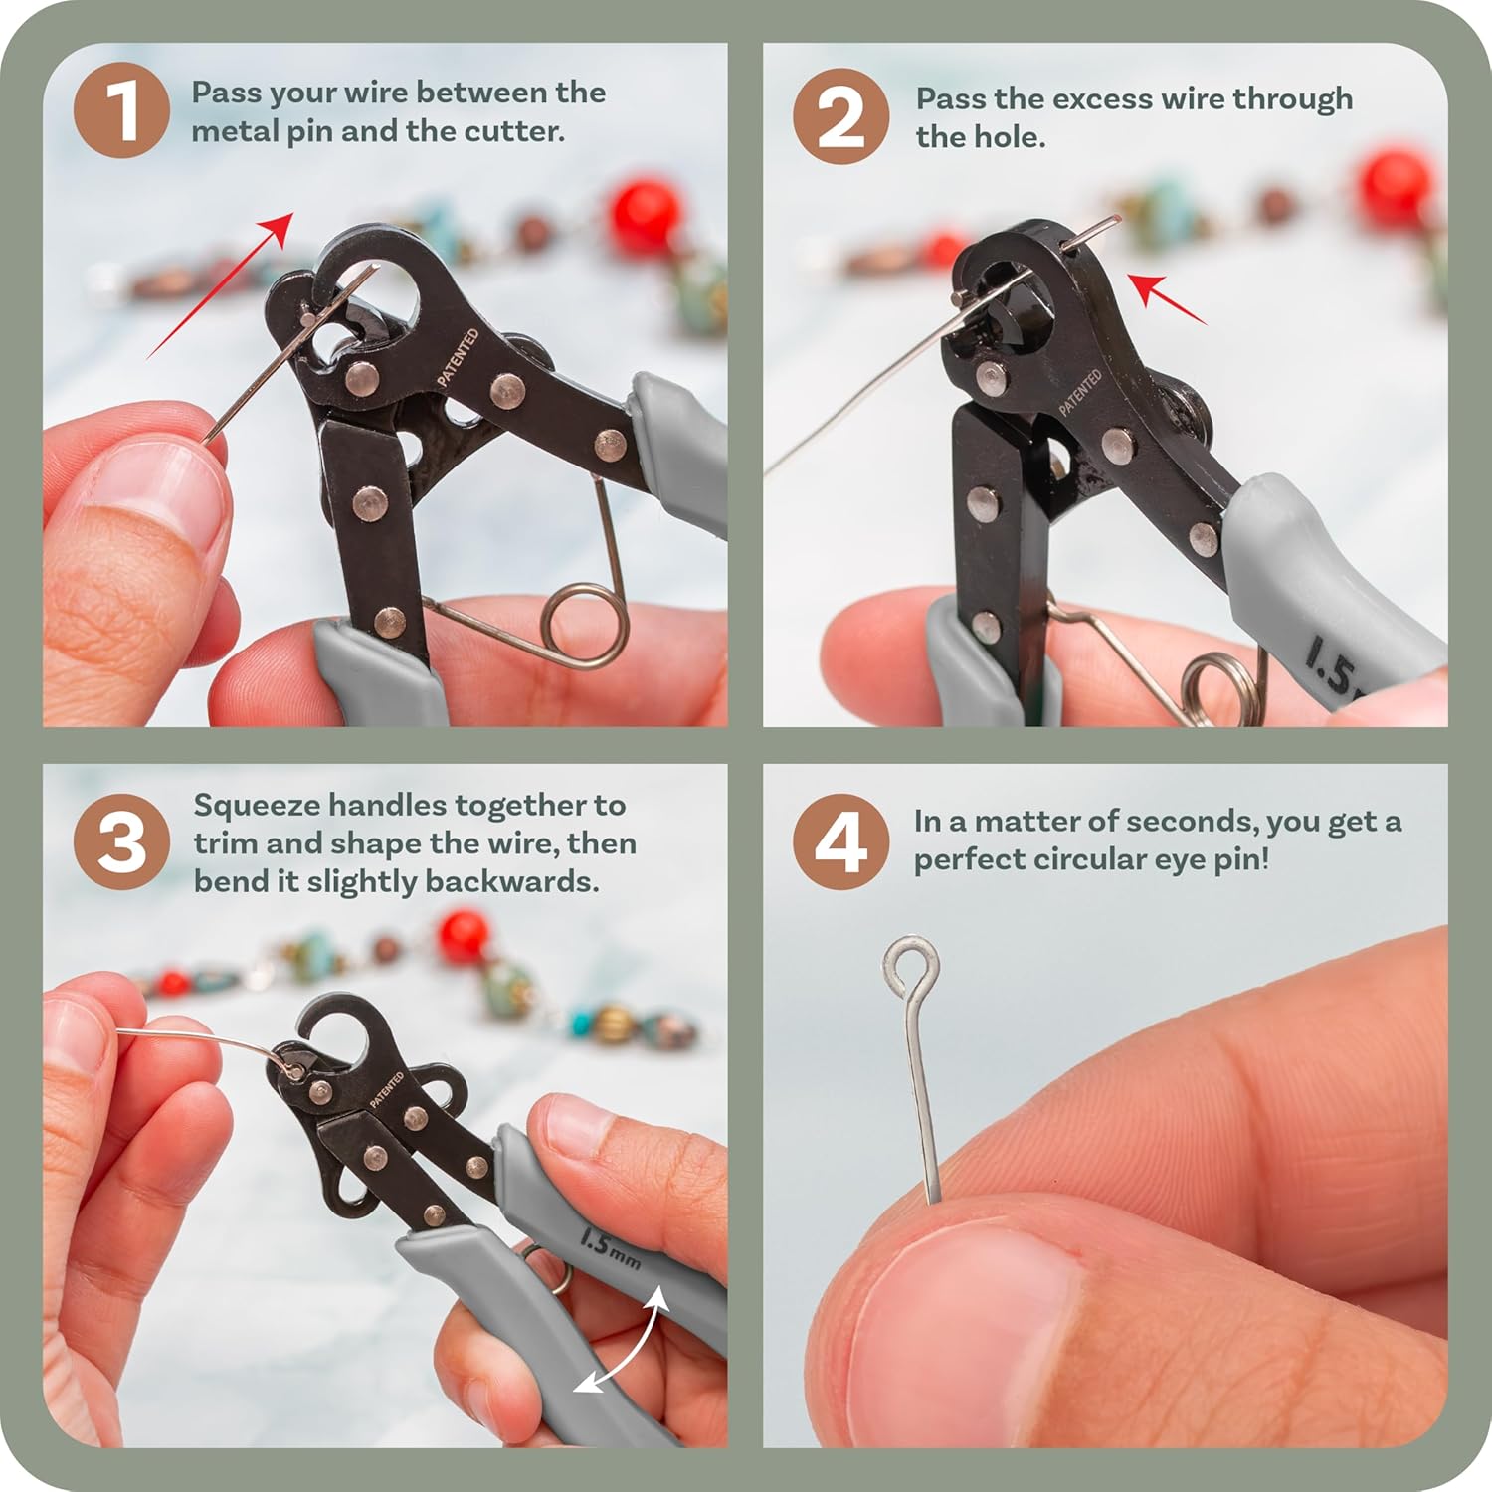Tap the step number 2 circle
[840, 115]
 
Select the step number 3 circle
[121, 841]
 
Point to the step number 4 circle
[840, 841]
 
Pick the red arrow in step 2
[1170, 299]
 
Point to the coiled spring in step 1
[585, 626]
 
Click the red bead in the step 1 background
[645, 214]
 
